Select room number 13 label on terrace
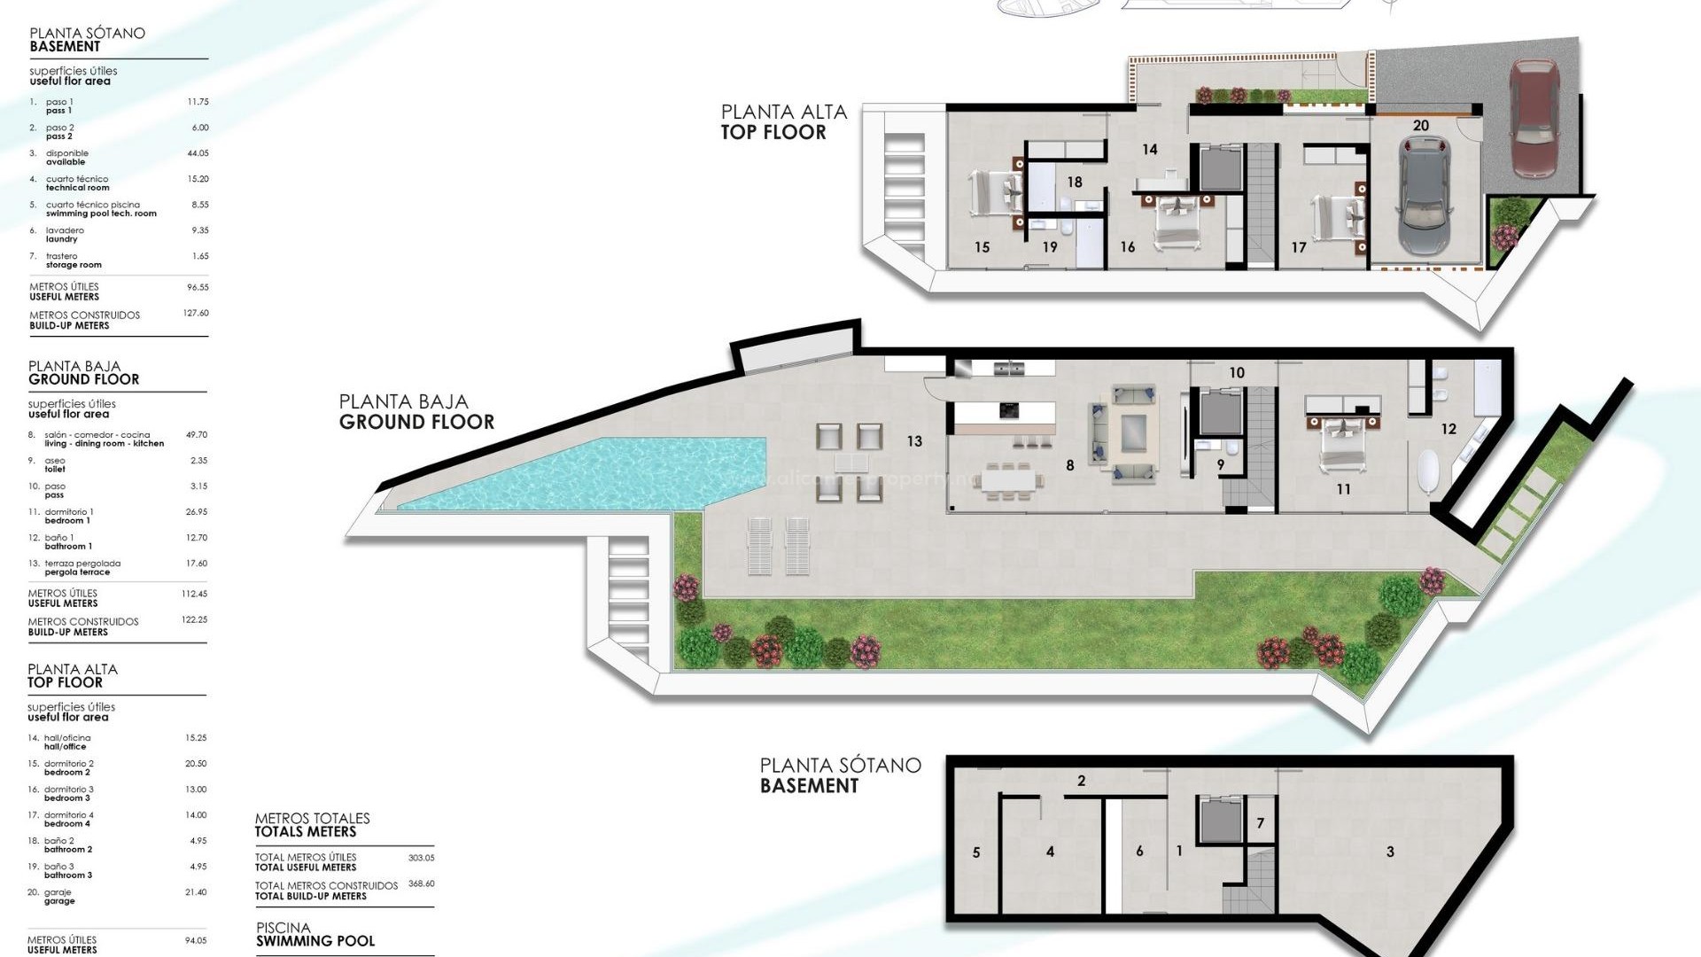[914, 440]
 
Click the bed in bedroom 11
[1342, 440]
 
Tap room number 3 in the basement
[1390, 852]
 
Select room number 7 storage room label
[1261, 823]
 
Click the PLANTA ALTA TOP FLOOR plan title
[783, 122]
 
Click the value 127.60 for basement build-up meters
[195, 313]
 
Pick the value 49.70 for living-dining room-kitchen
[196, 435]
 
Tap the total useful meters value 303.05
[421, 858]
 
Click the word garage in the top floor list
[59, 901]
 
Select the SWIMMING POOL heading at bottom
[315, 941]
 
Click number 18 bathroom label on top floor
[1075, 183]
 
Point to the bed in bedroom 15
[992, 193]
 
